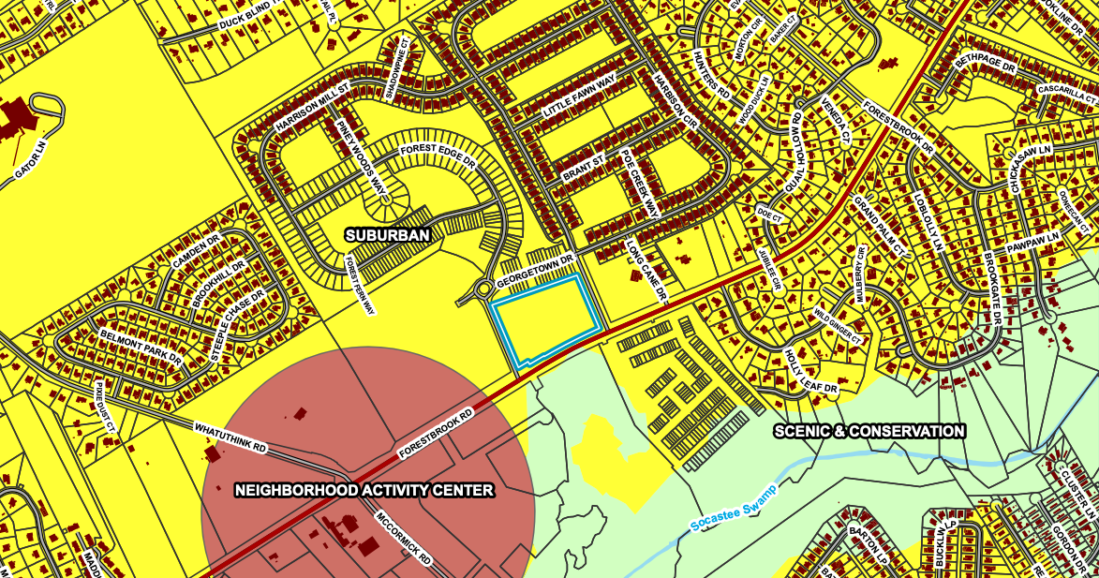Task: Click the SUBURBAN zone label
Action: (x=387, y=235)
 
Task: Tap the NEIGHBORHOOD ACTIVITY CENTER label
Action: (x=364, y=490)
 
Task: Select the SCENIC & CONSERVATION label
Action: (x=869, y=431)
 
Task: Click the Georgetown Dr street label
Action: (x=534, y=272)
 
